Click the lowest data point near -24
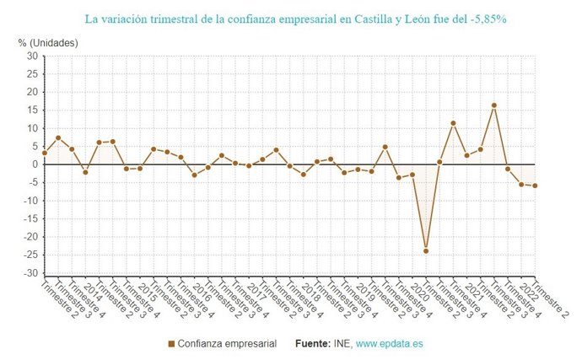[426, 250]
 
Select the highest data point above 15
[493, 105]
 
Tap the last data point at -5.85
[535, 185]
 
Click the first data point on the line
[44, 153]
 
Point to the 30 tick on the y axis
[31, 56]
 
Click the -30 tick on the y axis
[30, 273]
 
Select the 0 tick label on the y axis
[35, 164]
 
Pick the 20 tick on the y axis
[31, 92]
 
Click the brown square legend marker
[172, 344]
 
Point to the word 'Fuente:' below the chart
[313, 344]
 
